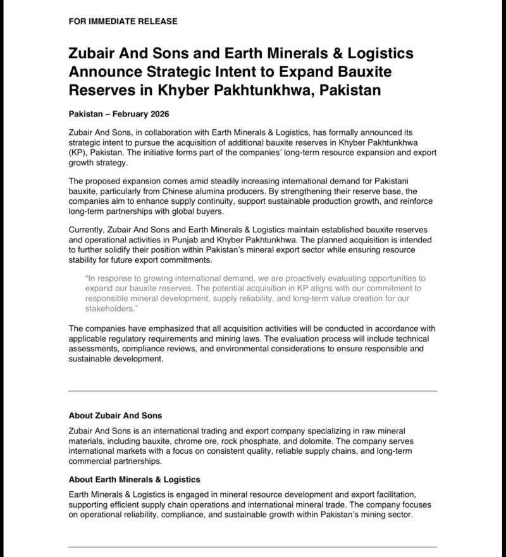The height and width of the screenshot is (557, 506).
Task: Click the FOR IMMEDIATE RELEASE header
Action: point(123,21)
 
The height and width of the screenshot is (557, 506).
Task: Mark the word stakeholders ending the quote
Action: point(110,308)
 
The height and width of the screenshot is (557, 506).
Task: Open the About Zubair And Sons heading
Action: point(115,416)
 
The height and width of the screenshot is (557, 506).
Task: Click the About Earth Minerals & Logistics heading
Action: point(134,480)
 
